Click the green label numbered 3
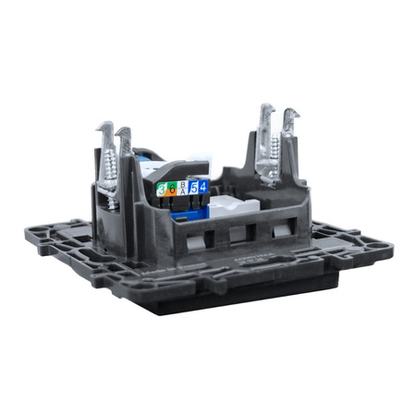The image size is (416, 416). [x=162, y=190]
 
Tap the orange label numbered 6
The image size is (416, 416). [x=172, y=190]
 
